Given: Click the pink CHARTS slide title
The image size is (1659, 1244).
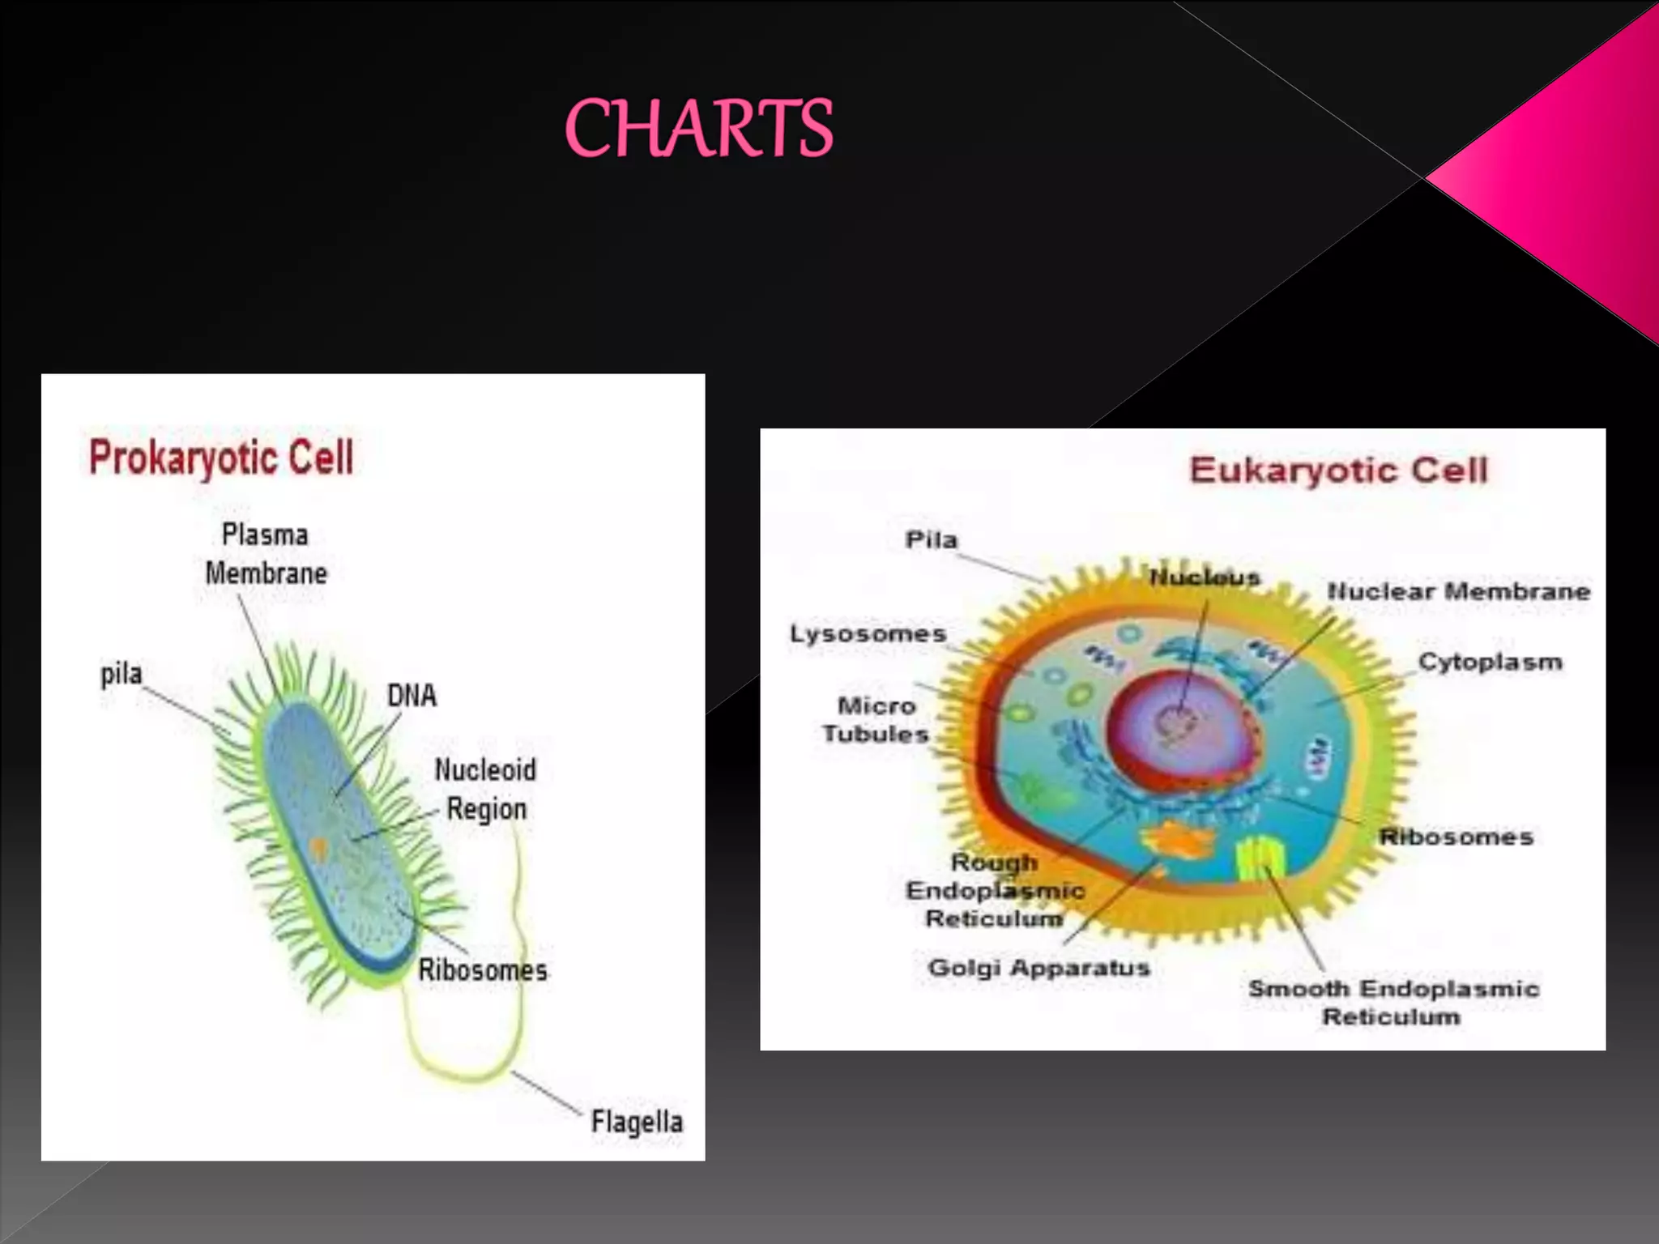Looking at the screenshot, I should click(x=698, y=128).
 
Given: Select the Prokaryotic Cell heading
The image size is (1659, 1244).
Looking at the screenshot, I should click(x=221, y=458).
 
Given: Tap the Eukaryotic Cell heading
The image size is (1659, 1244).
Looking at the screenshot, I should click(x=1338, y=470).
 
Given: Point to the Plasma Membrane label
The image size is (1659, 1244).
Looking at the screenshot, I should click(x=266, y=554).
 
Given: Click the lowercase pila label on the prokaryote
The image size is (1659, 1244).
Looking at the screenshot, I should click(x=121, y=674).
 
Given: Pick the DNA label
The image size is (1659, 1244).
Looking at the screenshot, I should click(x=412, y=695).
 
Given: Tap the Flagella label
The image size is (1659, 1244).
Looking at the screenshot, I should click(x=637, y=1122).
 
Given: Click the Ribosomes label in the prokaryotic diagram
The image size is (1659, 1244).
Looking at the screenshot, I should click(x=483, y=969).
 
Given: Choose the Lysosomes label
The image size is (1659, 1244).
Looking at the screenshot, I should click(x=868, y=633).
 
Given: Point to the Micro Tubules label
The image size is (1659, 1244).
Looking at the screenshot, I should click(x=875, y=719).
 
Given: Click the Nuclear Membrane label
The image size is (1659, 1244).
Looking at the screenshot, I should click(x=1459, y=591).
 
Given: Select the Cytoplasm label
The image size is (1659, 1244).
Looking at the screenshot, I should click(x=1490, y=662).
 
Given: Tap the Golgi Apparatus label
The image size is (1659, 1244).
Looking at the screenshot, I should click(x=1038, y=967).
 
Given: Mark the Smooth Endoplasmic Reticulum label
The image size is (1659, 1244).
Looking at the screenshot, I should click(x=1393, y=1002).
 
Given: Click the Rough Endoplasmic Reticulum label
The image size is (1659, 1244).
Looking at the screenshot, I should click(x=995, y=890).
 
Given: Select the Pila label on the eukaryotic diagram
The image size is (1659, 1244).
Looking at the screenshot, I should click(x=931, y=539).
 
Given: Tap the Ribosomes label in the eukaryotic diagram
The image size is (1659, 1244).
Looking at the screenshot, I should click(x=1456, y=837).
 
